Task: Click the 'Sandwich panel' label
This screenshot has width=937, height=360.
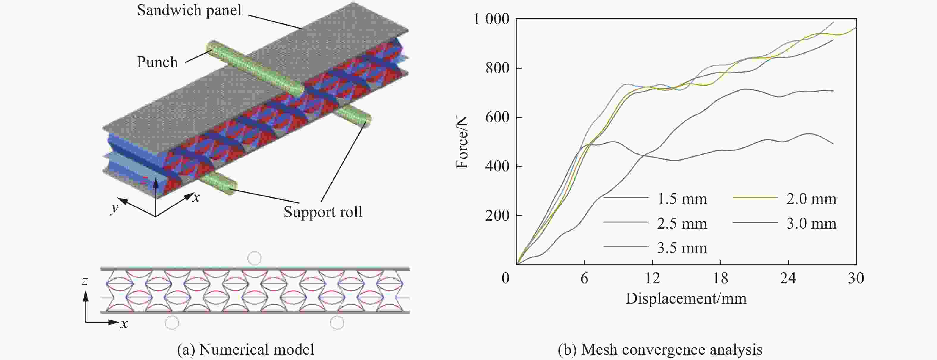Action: (189, 10)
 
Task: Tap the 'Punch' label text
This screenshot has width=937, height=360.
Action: (157, 62)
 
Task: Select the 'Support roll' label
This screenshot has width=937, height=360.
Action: (323, 212)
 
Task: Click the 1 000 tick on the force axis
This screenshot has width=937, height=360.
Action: (491, 19)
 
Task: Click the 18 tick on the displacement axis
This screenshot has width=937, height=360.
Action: (720, 278)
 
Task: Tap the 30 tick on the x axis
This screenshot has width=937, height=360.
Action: (855, 278)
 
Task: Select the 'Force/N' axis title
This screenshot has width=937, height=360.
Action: (462, 142)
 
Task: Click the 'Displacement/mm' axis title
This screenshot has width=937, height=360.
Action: (686, 298)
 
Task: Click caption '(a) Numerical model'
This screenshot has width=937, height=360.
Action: (245, 350)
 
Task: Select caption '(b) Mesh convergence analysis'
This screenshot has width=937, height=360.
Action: (660, 350)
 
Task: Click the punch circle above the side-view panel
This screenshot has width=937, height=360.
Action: (254, 258)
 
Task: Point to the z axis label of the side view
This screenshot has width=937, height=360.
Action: (85, 280)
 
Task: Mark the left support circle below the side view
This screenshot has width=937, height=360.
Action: (172, 323)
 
